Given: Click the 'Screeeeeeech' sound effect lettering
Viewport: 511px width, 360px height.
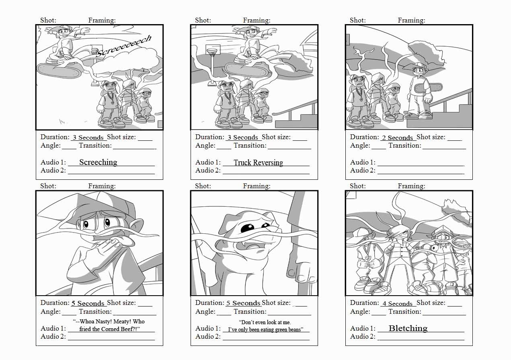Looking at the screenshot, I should coord(125,47).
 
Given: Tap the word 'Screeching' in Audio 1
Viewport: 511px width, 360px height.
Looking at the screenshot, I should coord(98,162).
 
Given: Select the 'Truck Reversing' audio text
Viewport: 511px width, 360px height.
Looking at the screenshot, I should coord(258,163).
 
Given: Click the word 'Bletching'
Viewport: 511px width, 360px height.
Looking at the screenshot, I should coord(408,328).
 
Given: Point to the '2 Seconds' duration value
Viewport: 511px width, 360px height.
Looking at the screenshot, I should coord(397,138).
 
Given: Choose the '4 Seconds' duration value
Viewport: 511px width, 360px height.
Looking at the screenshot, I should coord(397,303).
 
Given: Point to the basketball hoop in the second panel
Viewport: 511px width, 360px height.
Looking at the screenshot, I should coord(213,50).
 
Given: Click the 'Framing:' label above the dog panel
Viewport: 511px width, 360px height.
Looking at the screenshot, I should coord(257,186).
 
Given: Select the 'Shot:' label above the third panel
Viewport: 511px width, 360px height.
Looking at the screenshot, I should coord(357,20).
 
